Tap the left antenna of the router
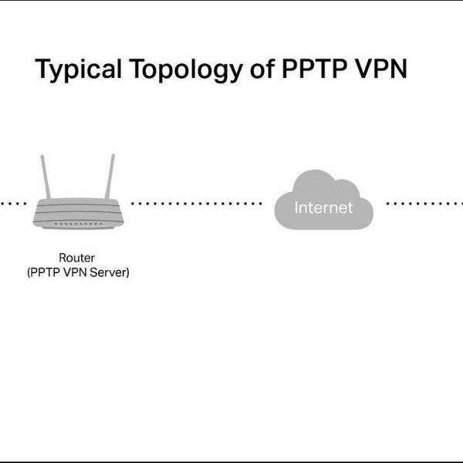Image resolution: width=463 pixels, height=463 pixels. click(46, 177)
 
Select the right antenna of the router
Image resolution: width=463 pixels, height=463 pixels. click(110, 177)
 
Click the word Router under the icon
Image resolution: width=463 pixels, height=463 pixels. click(78, 258)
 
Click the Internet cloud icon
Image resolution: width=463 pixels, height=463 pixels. click(323, 202)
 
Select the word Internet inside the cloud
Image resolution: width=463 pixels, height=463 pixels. click(323, 208)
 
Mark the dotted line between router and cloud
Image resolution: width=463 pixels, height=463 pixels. click(197, 204)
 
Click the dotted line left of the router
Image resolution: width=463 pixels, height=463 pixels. click(12, 204)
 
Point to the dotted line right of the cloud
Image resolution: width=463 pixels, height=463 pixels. click(424, 204)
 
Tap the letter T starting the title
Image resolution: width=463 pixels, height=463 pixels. click(43, 69)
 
